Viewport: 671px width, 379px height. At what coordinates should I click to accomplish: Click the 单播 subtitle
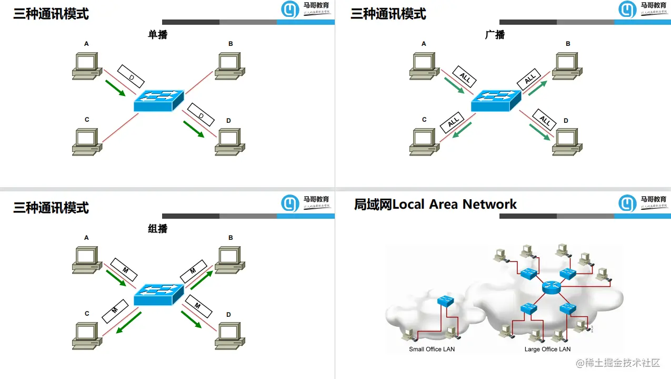click(158, 35)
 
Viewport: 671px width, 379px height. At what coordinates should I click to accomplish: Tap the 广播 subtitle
click(495, 35)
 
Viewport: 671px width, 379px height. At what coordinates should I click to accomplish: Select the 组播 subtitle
click(158, 229)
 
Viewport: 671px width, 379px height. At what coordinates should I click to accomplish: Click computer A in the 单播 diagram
click(86, 66)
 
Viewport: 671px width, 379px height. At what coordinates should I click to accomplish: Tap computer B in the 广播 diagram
click(566, 66)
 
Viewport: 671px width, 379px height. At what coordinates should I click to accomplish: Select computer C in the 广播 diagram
click(424, 142)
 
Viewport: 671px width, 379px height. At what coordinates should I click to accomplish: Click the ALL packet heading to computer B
click(529, 79)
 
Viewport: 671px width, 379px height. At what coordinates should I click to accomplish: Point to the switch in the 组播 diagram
click(158, 295)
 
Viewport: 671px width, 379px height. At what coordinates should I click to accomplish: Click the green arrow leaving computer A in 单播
click(115, 88)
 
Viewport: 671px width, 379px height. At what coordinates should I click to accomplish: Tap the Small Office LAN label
click(432, 349)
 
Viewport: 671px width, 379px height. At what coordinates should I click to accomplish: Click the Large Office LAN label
click(547, 349)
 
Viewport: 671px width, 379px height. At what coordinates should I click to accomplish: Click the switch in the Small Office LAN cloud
click(445, 301)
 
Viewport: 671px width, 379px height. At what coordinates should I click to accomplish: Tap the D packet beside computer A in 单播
click(131, 76)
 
